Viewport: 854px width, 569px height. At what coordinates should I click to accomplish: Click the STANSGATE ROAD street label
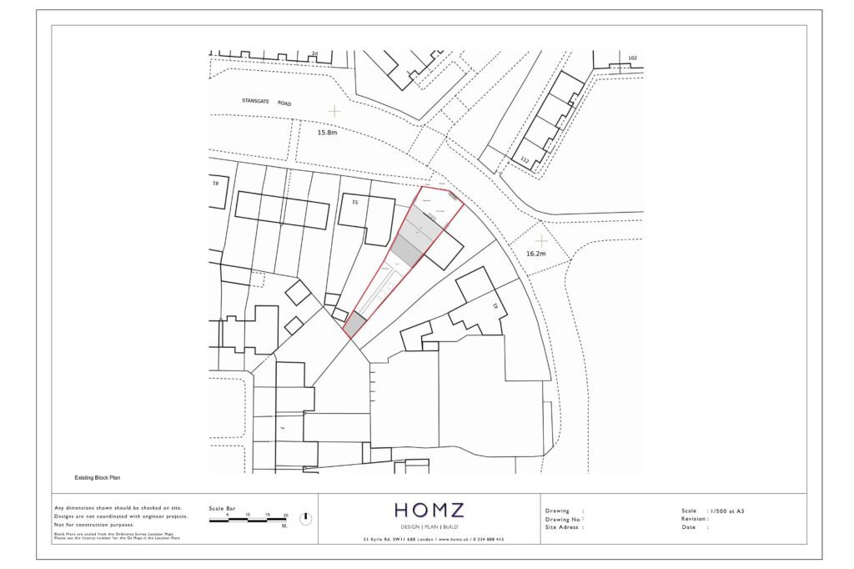pos(267,102)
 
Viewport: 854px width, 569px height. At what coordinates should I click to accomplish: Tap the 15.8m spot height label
pos(328,132)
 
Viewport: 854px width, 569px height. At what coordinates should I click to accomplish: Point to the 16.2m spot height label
pos(535,254)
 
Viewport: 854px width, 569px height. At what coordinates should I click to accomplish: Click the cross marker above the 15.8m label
pos(334,110)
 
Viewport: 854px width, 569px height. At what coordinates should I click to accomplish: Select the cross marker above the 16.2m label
pos(542,240)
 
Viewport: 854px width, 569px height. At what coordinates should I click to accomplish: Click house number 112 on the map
pos(525,159)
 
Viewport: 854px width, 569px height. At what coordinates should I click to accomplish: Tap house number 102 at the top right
pos(632,58)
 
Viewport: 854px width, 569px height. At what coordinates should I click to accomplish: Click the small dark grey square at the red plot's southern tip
pos(354,325)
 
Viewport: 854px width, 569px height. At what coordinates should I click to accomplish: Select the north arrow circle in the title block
pos(305,518)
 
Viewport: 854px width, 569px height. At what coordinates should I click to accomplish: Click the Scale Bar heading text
pos(223,507)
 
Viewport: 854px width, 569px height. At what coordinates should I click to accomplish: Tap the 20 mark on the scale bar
pos(286,516)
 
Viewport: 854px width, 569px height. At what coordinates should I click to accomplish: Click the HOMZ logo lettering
pos(429,510)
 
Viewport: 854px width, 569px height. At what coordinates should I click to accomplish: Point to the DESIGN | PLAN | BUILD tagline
pos(429,526)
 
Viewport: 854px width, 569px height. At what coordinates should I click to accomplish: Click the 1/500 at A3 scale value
pos(725,510)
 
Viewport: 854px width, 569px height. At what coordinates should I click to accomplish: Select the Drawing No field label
pos(564,519)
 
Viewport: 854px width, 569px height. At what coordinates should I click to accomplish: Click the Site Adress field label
pos(564,527)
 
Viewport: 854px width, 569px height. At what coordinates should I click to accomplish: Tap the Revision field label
pos(696,518)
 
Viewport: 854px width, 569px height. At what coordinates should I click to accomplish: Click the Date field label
pos(689,527)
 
